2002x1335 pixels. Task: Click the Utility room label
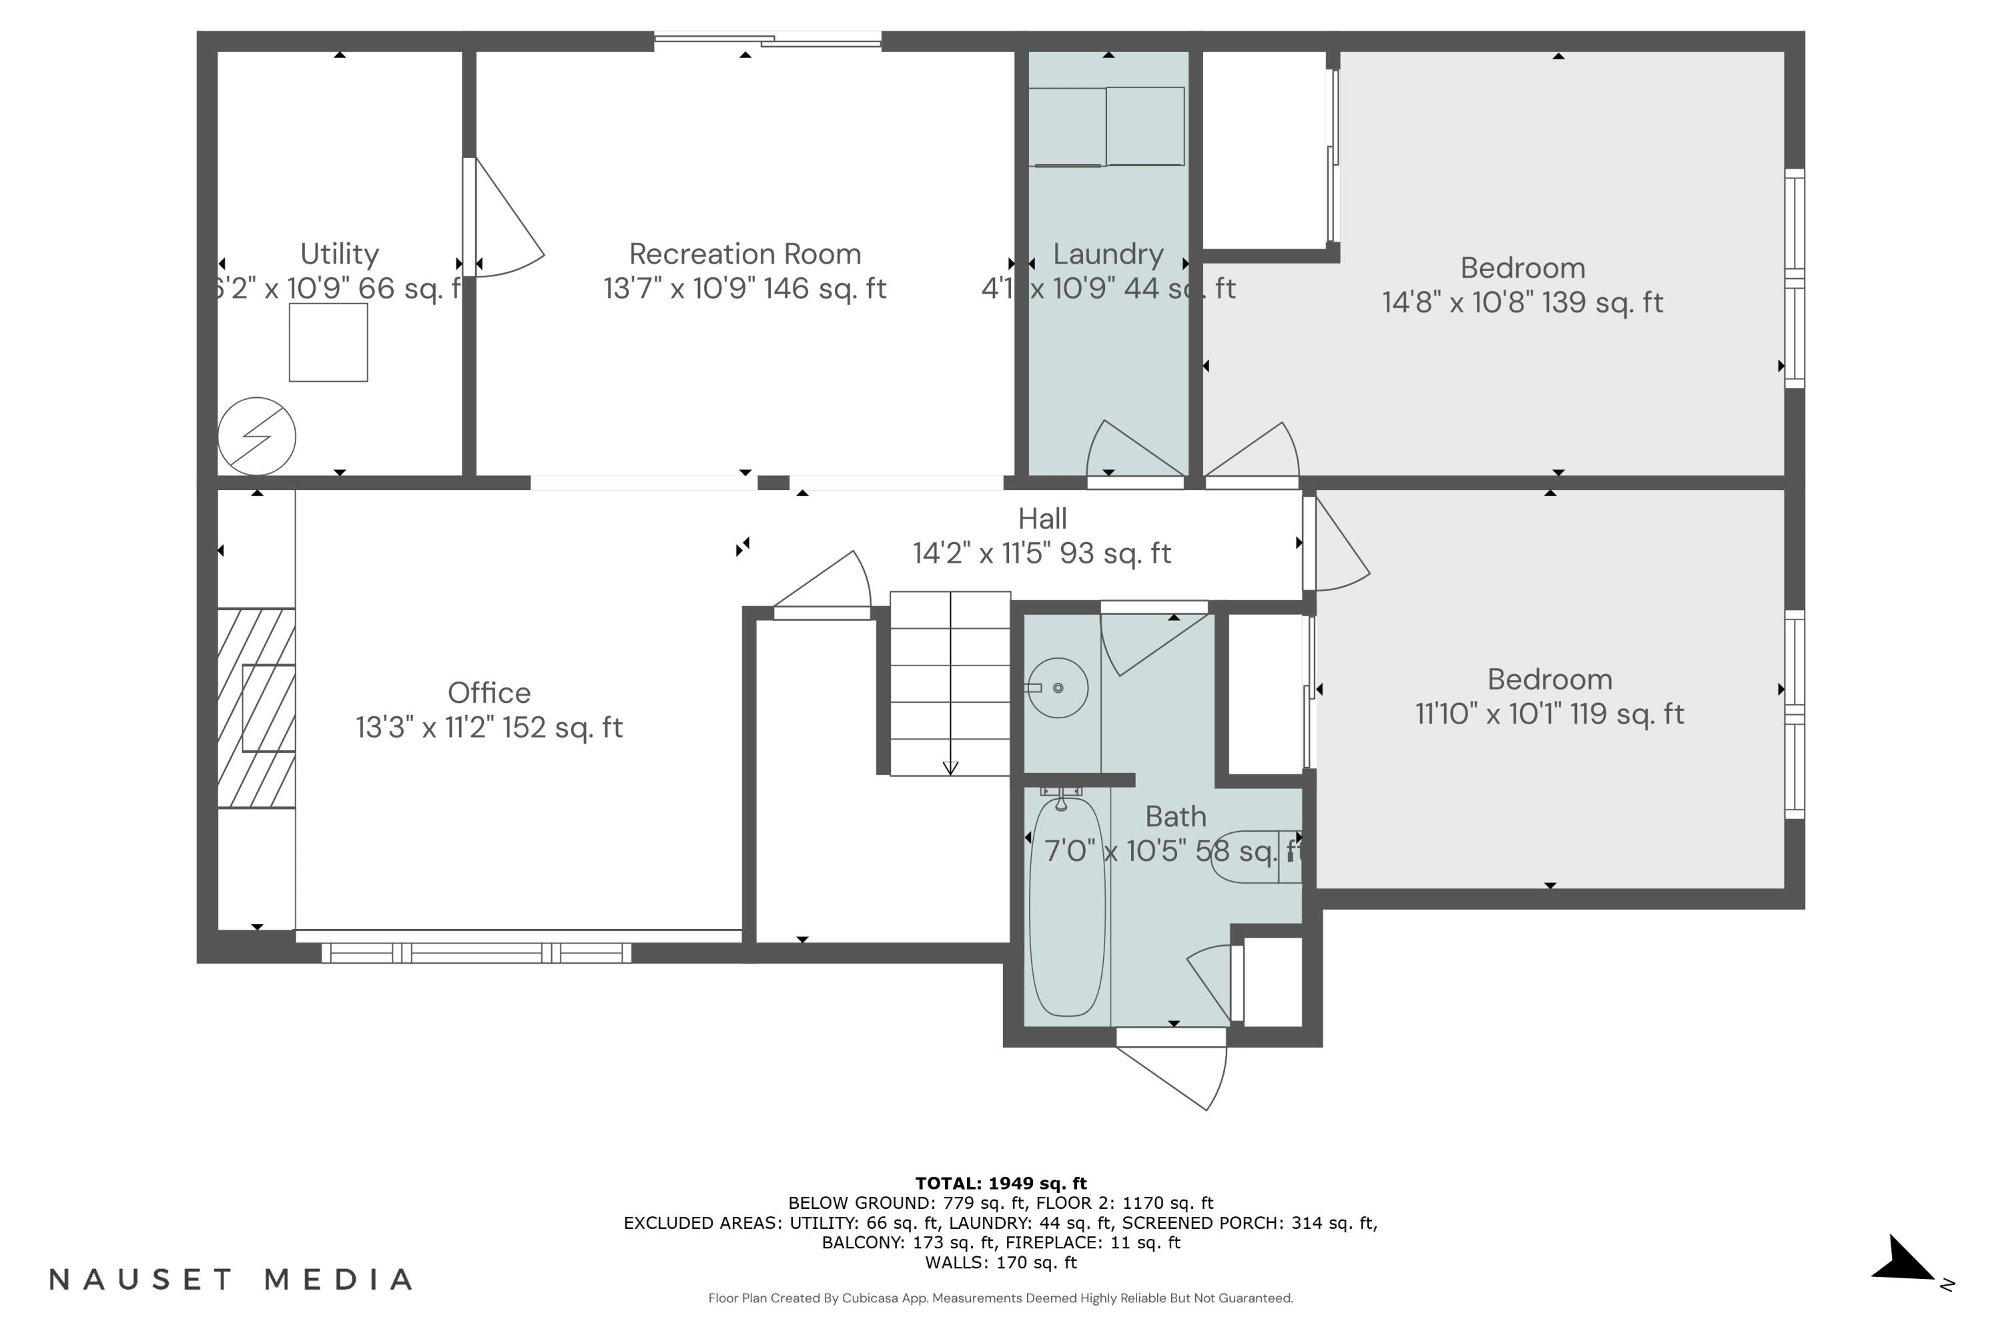tap(339, 254)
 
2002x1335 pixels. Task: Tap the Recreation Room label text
tap(745, 254)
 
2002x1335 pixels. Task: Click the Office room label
tap(488, 693)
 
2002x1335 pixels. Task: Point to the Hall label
tap(1042, 519)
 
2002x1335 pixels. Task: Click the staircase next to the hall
tap(950, 684)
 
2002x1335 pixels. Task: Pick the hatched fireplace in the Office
tap(256, 708)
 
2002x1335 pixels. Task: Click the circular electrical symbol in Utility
tap(256, 436)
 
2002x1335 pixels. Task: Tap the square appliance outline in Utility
tap(328, 343)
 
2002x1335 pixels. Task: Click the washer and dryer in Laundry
tap(1106, 126)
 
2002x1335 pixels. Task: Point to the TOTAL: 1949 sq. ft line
tap(1000, 1183)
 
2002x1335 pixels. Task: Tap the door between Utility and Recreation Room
tap(503, 220)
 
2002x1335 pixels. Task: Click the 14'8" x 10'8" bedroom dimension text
tap(1522, 302)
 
